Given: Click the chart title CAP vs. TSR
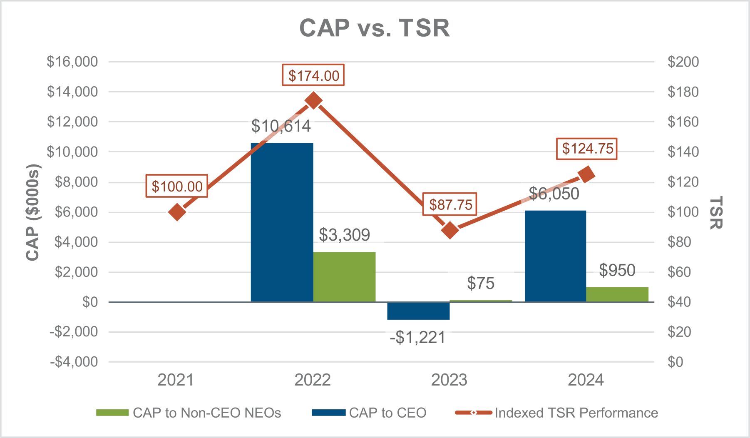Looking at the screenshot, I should tap(375, 28).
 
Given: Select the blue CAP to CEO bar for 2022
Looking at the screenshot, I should tap(282, 222).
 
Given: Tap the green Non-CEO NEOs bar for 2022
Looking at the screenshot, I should tap(344, 276).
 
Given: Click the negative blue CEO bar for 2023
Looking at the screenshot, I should tap(418, 311).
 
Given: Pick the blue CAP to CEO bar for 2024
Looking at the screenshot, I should tap(555, 256).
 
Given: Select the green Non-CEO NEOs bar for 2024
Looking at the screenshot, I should tap(617, 294).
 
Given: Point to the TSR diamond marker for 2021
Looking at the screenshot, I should tap(177, 212).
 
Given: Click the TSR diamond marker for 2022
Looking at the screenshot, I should tap(313, 101).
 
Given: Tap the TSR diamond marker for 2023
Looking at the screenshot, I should tap(450, 230).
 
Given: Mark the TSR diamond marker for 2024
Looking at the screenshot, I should tap(587, 174).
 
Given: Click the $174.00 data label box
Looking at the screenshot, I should tap(313, 75).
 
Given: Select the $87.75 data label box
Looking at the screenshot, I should tap(450, 204).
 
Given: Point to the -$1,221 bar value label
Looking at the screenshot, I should tap(417, 337).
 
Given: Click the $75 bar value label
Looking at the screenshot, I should tap(480, 284).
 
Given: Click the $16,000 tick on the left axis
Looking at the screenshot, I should tap(72, 62).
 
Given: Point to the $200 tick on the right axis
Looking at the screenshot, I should tap(683, 62).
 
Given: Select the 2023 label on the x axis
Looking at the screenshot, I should tap(449, 380).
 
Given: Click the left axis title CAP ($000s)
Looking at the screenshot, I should tap(32, 212).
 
